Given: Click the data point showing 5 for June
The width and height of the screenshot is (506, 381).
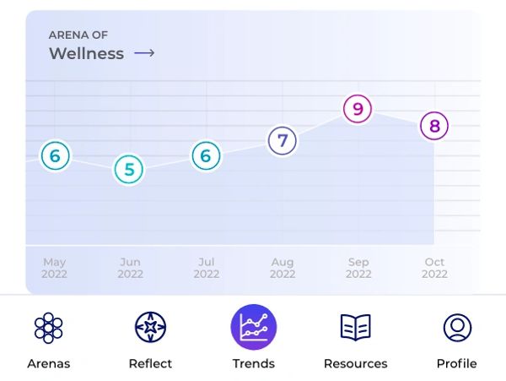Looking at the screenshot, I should (x=129, y=169).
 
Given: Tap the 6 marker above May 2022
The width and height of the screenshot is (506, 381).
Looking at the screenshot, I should (x=55, y=156).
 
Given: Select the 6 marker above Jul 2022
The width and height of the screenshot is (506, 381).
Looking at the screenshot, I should (x=206, y=156).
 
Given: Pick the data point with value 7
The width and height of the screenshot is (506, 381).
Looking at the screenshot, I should (x=283, y=140).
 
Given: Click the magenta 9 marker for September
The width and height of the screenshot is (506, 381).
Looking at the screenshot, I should (x=358, y=109).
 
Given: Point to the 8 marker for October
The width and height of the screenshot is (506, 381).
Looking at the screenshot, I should (x=434, y=127).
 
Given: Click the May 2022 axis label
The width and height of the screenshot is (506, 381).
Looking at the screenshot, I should (x=54, y=268).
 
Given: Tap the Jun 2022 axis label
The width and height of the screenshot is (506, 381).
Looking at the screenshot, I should (x=130, y=268).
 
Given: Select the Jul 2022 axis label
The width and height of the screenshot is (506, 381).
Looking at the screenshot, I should (x=206, y=268).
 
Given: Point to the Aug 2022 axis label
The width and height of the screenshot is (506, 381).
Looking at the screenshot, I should (x=283, y=268).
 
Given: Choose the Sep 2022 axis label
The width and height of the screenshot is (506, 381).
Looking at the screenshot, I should (x=358, y=268).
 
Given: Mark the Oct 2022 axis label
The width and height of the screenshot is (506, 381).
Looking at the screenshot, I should (x=434, y=268).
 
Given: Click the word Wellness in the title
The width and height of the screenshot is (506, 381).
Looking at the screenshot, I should (x=86, y=54).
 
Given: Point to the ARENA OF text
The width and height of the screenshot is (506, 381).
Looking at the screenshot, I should (x=78, y=35).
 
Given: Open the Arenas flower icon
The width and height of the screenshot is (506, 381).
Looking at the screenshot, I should (x=48, y=327).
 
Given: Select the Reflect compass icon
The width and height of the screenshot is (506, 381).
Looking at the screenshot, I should (x=150, y=327).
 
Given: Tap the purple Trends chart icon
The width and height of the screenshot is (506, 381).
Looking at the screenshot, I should (x=254, y=327).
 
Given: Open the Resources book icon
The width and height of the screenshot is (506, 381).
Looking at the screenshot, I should (x=355, y=327).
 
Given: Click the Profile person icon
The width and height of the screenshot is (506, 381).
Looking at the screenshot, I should (x=457, y=327).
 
